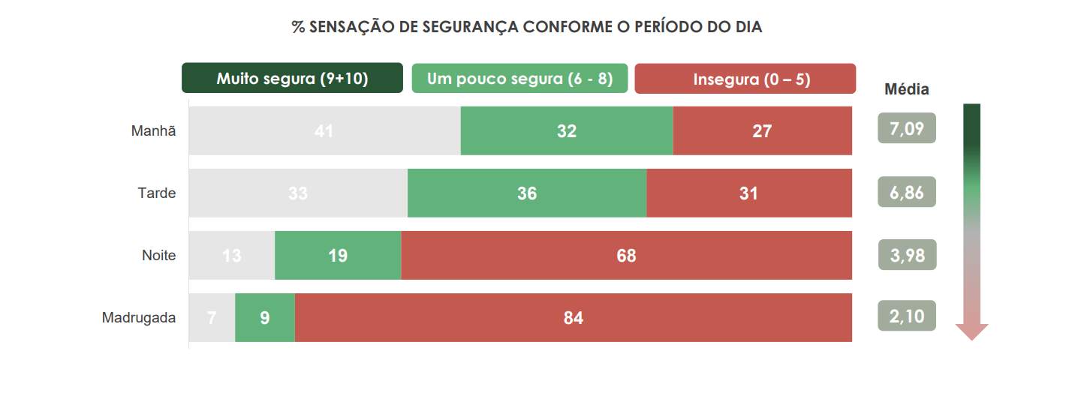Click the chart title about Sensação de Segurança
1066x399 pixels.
pos(527,28)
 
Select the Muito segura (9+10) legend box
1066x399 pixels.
pos(292,79)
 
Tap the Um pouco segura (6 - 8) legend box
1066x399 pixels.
pos(519,79)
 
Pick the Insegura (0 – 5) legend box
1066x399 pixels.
pos(745,79)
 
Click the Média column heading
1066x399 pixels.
pos(906,90)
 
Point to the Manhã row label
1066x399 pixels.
pos(154,130)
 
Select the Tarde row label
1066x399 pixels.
pos(157,193)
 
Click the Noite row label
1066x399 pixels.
pos(159,255)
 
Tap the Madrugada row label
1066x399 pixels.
pos(139,317)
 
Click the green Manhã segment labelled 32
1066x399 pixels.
pos(567,130)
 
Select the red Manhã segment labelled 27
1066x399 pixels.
pos(762,130)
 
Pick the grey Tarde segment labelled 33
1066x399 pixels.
pos(298,193)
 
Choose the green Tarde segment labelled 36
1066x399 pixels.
pos(527,193)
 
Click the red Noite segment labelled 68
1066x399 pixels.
pos(626,255)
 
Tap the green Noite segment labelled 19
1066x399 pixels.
pos(338,255)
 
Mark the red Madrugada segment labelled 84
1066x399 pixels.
pos(574,317)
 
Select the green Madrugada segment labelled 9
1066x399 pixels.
pos(265,317)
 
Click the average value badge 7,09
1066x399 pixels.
pos(907,128)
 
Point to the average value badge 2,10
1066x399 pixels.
pos(907,316)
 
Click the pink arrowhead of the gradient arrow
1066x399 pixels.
pos(971,331)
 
